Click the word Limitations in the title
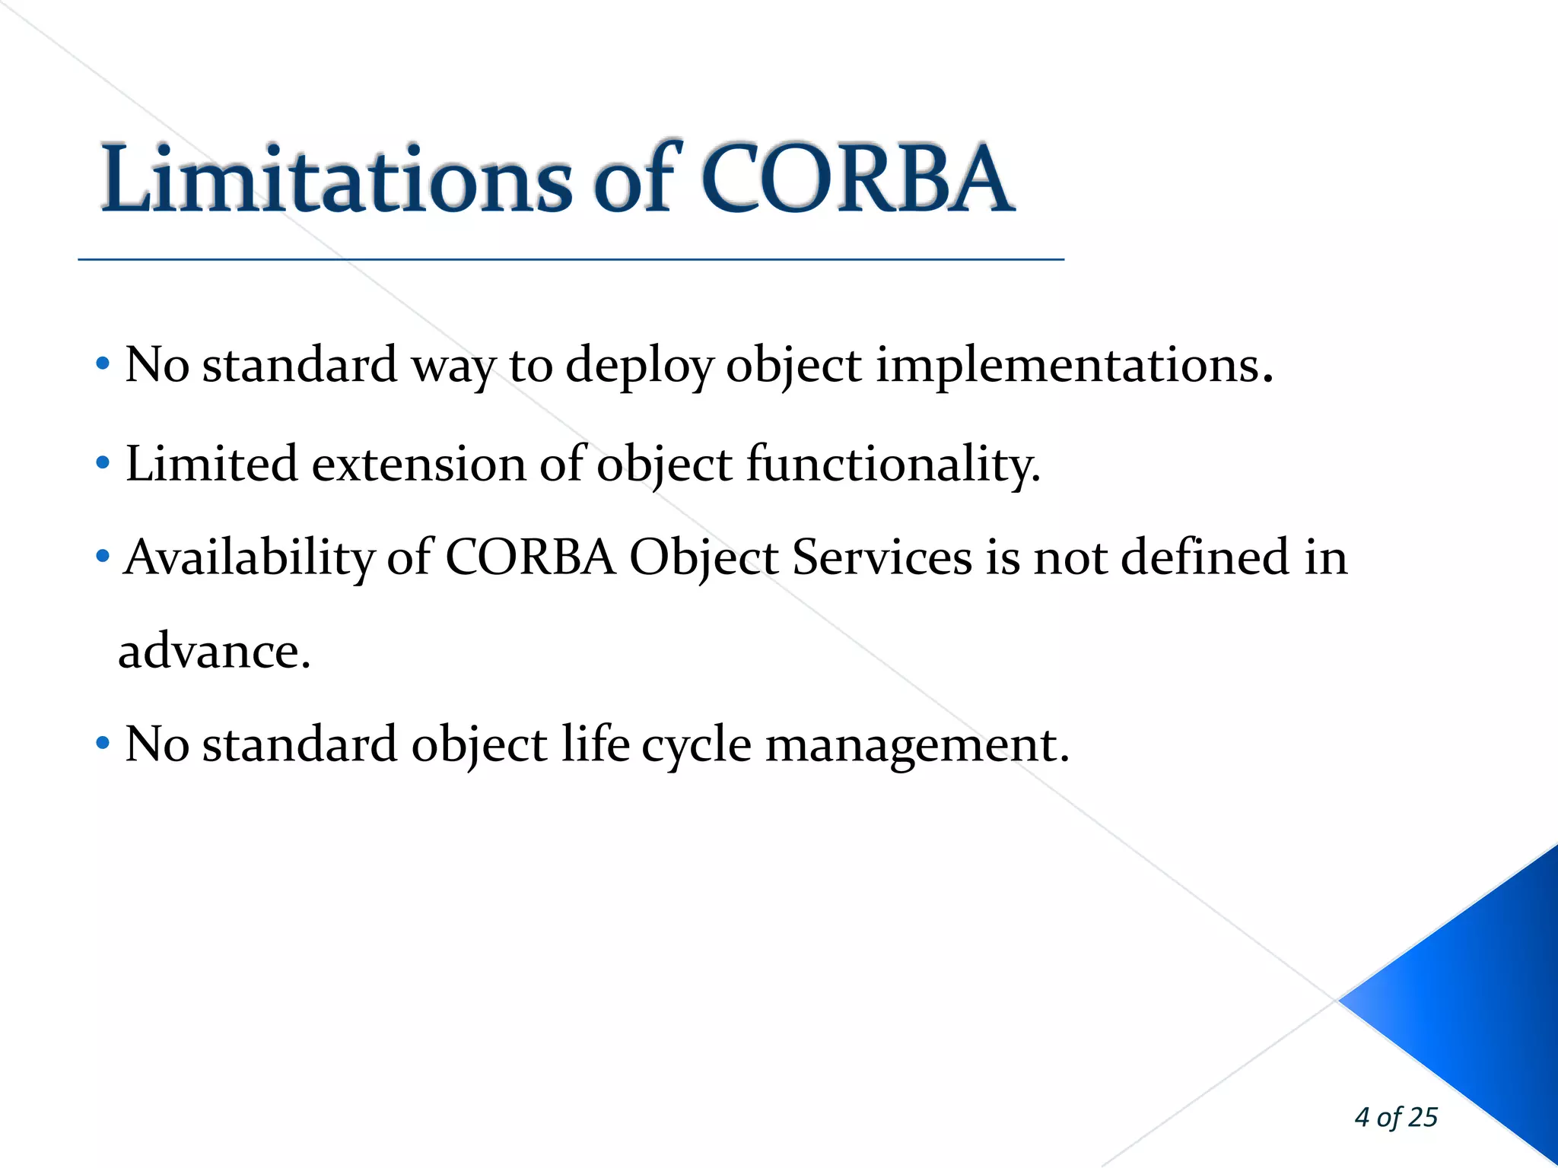click(335, 179)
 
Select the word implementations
click(1073, 366)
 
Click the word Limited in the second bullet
click(211, 464)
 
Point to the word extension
click(418, 464)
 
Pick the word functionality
click(892, 464)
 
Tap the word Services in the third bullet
click(882, 557)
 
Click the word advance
click(213, 652)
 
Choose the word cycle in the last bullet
click(696, 745)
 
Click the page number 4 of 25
click(1396, 1117)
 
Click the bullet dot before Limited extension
click(103, 462)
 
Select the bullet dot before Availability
click(103, 557)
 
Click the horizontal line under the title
click(571, 260)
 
